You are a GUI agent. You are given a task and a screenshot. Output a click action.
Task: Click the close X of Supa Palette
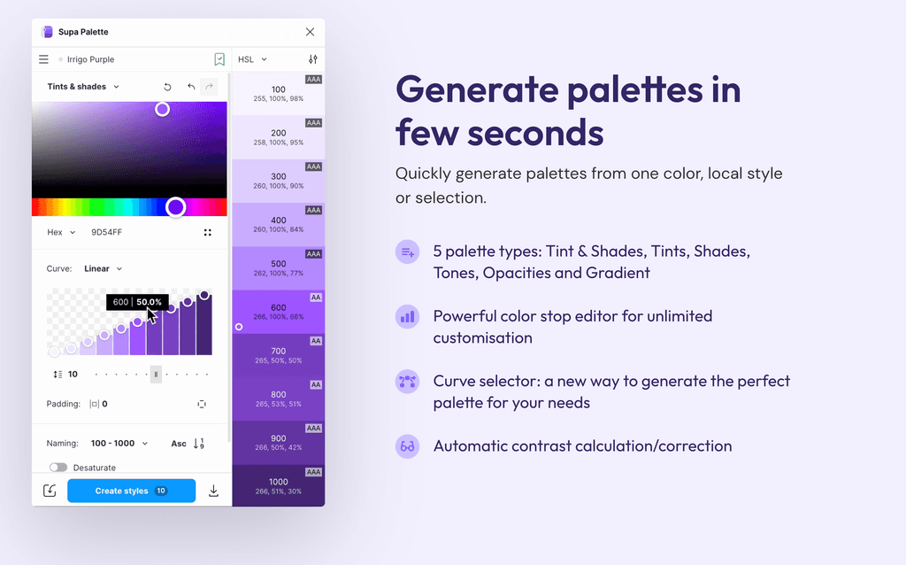[310, 32]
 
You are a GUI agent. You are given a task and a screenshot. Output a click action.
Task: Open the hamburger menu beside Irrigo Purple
[43, 59]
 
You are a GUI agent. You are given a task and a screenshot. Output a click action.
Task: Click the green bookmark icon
[219, 59]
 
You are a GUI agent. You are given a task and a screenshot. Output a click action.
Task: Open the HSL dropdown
[252, 59]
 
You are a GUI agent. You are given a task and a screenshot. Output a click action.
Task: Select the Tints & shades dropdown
[83, 87]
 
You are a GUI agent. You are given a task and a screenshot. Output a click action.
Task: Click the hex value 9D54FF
[107, 232]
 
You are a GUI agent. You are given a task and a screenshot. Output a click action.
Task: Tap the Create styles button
[131, 491]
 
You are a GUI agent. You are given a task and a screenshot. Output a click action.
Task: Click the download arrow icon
[213, 491]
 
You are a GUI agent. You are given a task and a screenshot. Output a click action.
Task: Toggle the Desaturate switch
[58, 468]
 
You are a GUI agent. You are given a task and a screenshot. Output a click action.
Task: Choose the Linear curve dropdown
[103, 268]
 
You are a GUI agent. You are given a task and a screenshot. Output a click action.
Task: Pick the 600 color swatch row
[279, 312]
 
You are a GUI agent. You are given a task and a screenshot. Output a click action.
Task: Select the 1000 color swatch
[279, 486]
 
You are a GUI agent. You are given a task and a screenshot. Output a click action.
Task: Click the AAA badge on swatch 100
[313, 80]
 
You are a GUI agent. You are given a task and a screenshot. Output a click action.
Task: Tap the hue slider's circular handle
[176, 207]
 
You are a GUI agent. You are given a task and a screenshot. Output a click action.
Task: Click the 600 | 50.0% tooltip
[137, 302]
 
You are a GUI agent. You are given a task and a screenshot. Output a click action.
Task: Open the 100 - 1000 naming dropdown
[119, 443]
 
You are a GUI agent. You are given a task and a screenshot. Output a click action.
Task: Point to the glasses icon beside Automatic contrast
[407, 446]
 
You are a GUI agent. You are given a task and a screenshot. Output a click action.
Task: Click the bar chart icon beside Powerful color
[407, 316]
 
